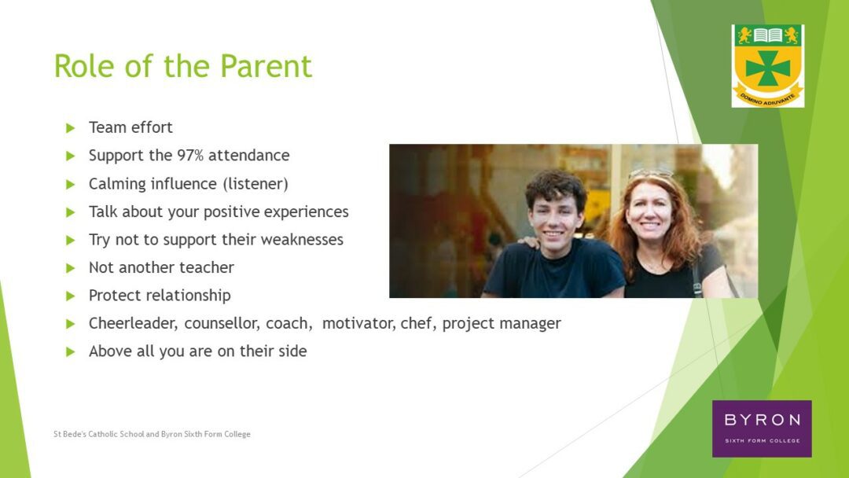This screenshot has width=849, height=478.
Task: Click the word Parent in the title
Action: (266, 66)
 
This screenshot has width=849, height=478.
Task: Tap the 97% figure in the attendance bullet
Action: (190, 156)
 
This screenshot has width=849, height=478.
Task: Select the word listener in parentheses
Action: (255, 183)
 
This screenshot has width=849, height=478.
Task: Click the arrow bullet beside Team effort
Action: (71, 128)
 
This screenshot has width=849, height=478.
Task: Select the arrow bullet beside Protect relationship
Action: (71, 296)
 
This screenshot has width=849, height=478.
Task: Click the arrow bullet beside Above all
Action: (71, 351)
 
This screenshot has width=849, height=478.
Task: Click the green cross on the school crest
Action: (768, 68)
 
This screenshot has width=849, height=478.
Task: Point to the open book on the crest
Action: (768, 35)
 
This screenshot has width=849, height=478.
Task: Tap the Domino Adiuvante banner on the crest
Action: (768, 98)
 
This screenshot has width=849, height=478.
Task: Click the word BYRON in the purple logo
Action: (762, 420)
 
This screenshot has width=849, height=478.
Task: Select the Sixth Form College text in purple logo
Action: (762, 440)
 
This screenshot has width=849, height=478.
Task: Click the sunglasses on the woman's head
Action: (651, 173)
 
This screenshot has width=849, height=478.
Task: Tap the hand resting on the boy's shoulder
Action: (528, 241)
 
